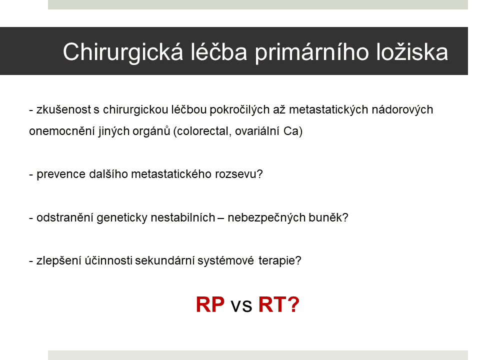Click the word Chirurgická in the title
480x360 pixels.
(123, 52)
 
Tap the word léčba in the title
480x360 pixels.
(219, 51)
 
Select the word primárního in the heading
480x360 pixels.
(312, 52)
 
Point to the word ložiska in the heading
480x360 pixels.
(412, 51)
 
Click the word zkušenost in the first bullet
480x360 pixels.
(63, 109)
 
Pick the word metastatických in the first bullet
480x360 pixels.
(328, 109)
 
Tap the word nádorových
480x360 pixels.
(402, 109)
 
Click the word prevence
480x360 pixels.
(61, 174)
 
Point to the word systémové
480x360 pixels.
(225, 261)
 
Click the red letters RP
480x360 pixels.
(210, 304)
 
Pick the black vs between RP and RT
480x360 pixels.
(241, 306)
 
